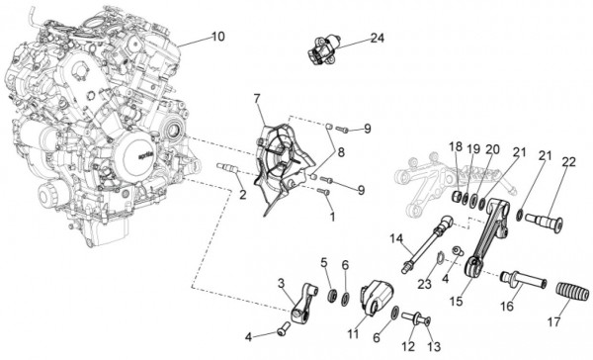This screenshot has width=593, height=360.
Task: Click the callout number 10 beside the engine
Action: point(217,37)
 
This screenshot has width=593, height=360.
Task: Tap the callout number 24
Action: point(378,38)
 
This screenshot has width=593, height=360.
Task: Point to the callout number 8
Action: point(341,152)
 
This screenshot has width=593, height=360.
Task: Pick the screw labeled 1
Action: point(323,192)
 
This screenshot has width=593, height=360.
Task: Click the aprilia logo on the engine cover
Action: point(145,156)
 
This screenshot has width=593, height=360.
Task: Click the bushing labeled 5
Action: point(333,295)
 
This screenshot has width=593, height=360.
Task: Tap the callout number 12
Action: point(408,346)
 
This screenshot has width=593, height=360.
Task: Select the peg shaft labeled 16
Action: point(524,280)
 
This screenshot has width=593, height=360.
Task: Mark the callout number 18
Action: point(456,147)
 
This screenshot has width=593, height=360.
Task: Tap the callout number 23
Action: point(424,284)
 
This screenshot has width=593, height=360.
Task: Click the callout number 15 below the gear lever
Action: point(456,302)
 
